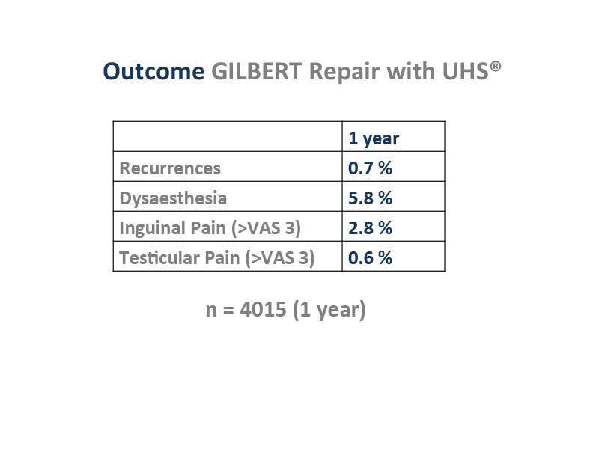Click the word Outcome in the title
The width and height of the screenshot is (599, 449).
pos(153,71)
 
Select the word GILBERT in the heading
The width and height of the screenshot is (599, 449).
pos(257,71)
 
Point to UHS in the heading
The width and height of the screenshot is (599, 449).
pos(465,71)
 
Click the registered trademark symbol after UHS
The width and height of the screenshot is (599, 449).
pos(496,67)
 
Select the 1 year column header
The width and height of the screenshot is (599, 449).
pos(374,138)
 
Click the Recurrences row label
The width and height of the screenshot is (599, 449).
pos(170,168)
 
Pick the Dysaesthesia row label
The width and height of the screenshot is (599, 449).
pos(173,198)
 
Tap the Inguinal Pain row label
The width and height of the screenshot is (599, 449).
pos(210,228)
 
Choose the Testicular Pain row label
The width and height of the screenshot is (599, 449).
pos(217,258)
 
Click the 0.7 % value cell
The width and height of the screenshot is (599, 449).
pos(370,168)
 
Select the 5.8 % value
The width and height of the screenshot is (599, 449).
pos(370,198)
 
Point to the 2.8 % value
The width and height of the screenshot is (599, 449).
pos(370,228)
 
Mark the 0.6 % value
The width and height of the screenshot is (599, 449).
pos(370,257)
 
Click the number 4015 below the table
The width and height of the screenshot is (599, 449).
pos(263,309)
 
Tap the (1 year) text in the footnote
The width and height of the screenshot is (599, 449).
pos(329,310)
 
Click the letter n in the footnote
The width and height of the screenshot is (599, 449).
pos(211,311)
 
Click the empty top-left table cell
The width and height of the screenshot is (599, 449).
pos(228,136)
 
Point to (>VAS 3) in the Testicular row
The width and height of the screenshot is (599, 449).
pos(280,258)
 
